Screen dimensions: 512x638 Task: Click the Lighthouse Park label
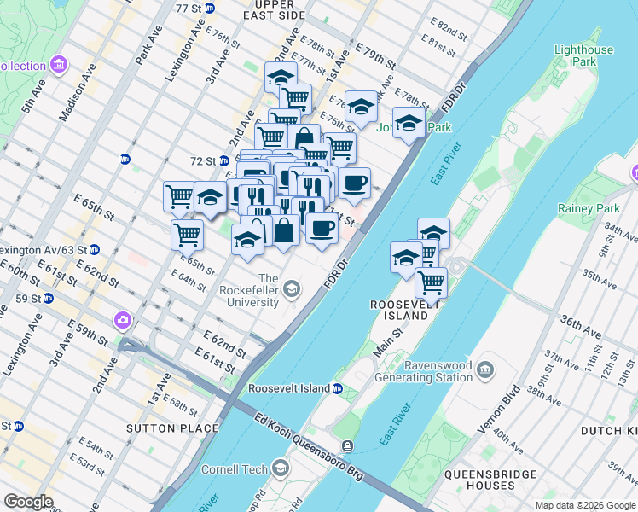tap(583, 56)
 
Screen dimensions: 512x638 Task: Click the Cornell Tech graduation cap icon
tap(281, 468)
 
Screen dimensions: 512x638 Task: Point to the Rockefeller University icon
tap(292, 290)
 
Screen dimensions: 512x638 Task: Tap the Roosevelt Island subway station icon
tap(338, 388)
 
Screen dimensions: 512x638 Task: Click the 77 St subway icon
tap(210, 8)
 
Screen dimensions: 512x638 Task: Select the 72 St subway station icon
tap(224, 160)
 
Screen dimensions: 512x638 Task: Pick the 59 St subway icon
tap(49, 299)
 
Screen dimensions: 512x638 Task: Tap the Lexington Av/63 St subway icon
tap(95, 250)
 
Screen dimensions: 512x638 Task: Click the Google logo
tap(28, 502)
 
